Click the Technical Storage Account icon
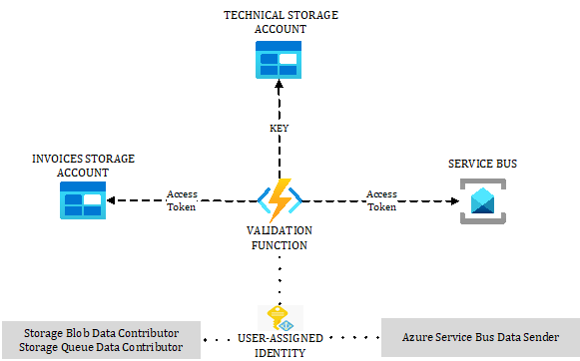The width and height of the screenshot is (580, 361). (x=279, y=61)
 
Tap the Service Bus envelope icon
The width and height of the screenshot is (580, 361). (x=481, y=200)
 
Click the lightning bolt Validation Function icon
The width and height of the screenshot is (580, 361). (x=279, y=200)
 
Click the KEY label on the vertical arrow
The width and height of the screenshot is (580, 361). (x=280, y=130)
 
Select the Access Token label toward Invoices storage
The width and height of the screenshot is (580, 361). (x=182, y=200)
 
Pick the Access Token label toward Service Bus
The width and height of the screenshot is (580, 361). (x=381, y=200)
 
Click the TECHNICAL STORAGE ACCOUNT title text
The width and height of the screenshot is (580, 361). (x=280, y=22)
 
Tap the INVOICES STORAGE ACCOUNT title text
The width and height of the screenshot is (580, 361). (x=83, y=166)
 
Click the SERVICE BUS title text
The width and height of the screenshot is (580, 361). (x=482, y=163)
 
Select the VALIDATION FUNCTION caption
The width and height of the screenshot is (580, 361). (x=280, y=237)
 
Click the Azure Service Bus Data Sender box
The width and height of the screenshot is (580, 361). (x=479, y=337)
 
